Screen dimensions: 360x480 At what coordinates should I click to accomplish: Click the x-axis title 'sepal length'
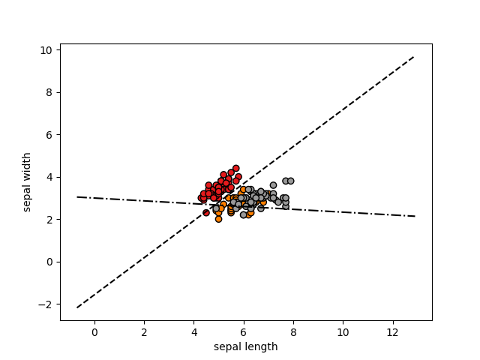245,346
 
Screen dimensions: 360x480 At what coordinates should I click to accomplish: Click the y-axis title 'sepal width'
28,181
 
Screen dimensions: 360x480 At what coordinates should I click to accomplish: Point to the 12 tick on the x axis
392,321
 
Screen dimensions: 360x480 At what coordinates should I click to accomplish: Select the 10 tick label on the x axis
343,332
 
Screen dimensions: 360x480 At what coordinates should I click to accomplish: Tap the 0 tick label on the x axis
94,332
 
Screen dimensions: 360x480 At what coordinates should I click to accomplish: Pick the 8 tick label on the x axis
293,332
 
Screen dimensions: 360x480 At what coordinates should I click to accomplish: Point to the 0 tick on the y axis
60,262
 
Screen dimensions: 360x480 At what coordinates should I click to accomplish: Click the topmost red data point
235,169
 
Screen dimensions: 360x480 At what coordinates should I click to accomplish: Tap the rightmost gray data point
290,181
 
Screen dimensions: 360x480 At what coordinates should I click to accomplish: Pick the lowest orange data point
218,219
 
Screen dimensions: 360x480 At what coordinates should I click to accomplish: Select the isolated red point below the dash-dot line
206,213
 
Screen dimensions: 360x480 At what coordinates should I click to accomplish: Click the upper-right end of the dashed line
415,56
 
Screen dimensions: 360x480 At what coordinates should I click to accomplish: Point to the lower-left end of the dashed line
77,307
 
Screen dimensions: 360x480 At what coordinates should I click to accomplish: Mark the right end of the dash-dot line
415,216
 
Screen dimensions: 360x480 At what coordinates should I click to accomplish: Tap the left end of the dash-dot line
77,197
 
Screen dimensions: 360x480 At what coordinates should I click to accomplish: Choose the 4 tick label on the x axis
193,332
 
